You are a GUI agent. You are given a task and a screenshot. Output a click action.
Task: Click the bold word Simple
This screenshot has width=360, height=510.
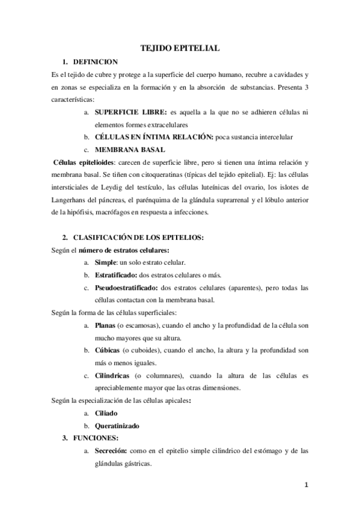pos(105,263)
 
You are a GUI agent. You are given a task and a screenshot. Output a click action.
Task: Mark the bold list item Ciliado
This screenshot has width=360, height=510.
pos(106,414)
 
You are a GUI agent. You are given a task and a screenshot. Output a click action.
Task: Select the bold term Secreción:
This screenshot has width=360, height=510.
pos(114,450)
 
